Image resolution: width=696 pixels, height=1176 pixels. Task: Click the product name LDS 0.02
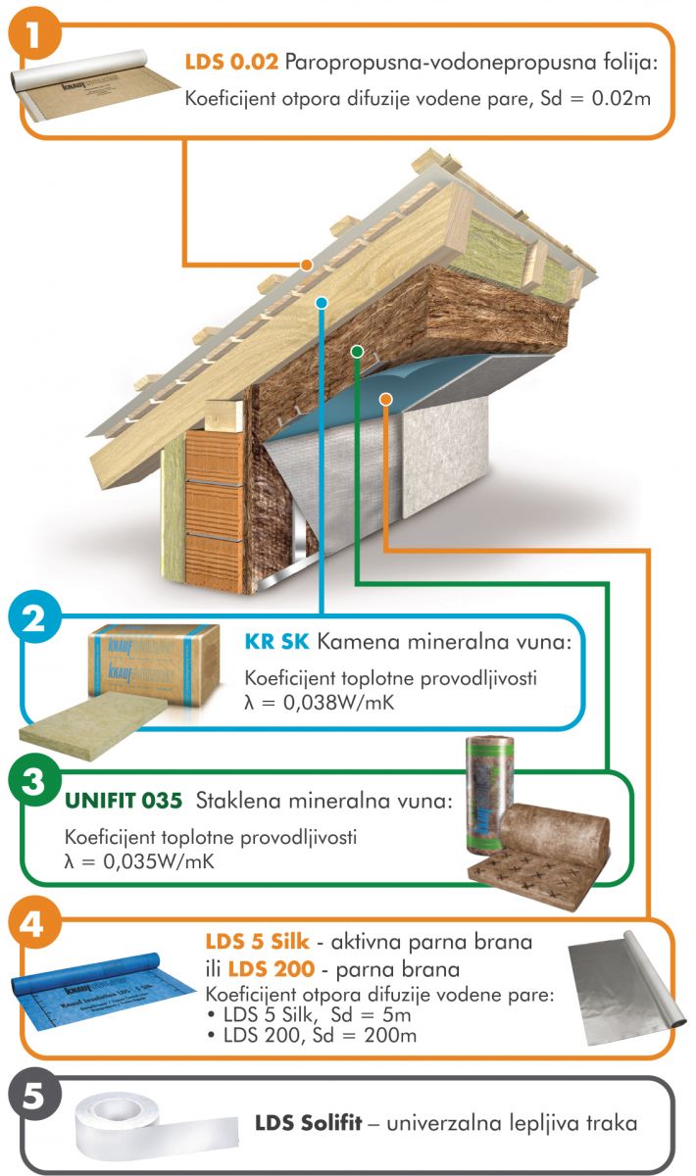(x=231, y=63)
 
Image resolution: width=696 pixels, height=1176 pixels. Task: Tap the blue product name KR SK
(x=276, y=642)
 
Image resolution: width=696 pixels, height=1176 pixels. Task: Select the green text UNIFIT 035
(x=124, y=802)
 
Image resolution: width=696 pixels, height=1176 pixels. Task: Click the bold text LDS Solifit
(x=309, y=1123)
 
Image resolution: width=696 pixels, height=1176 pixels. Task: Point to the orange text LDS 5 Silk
(x=258, y=942)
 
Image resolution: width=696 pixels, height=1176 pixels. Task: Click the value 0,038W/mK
(x=339, y=703)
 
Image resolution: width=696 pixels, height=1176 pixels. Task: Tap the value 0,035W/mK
(x=159, y=861)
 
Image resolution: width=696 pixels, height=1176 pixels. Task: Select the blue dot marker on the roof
(x=322, y=303)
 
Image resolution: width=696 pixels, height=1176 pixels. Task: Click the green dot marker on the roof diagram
(x=357, y=351)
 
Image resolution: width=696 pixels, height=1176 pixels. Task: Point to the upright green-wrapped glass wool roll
(x=488, y=793)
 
